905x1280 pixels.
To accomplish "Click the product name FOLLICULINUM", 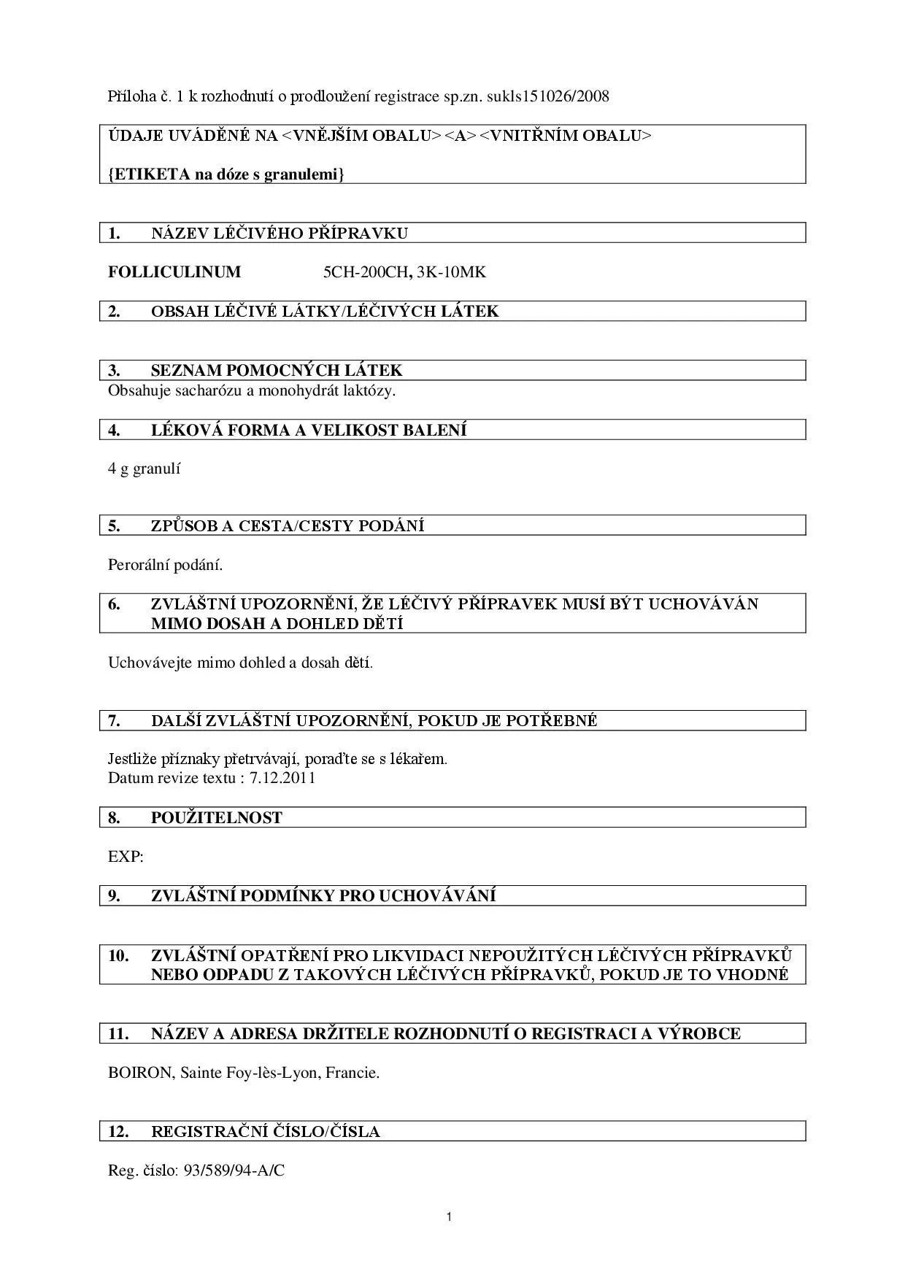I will tap(174, 272).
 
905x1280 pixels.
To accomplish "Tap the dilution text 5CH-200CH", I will tap(365, 272).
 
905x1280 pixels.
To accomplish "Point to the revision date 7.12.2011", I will tap(282, 777).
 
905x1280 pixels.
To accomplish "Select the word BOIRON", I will tap(140, 1073).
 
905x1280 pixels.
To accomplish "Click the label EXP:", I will tap(126, 857).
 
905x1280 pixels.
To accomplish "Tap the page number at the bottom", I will tap(449, 1217).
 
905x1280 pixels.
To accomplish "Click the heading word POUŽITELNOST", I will tap(216, 818).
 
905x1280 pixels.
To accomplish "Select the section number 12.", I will tap(118, 1132).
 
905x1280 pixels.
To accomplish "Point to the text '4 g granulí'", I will tap(144, 469).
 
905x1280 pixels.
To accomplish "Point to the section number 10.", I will tap(118, 955).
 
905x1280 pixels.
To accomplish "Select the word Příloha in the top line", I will tap(131, 96).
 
